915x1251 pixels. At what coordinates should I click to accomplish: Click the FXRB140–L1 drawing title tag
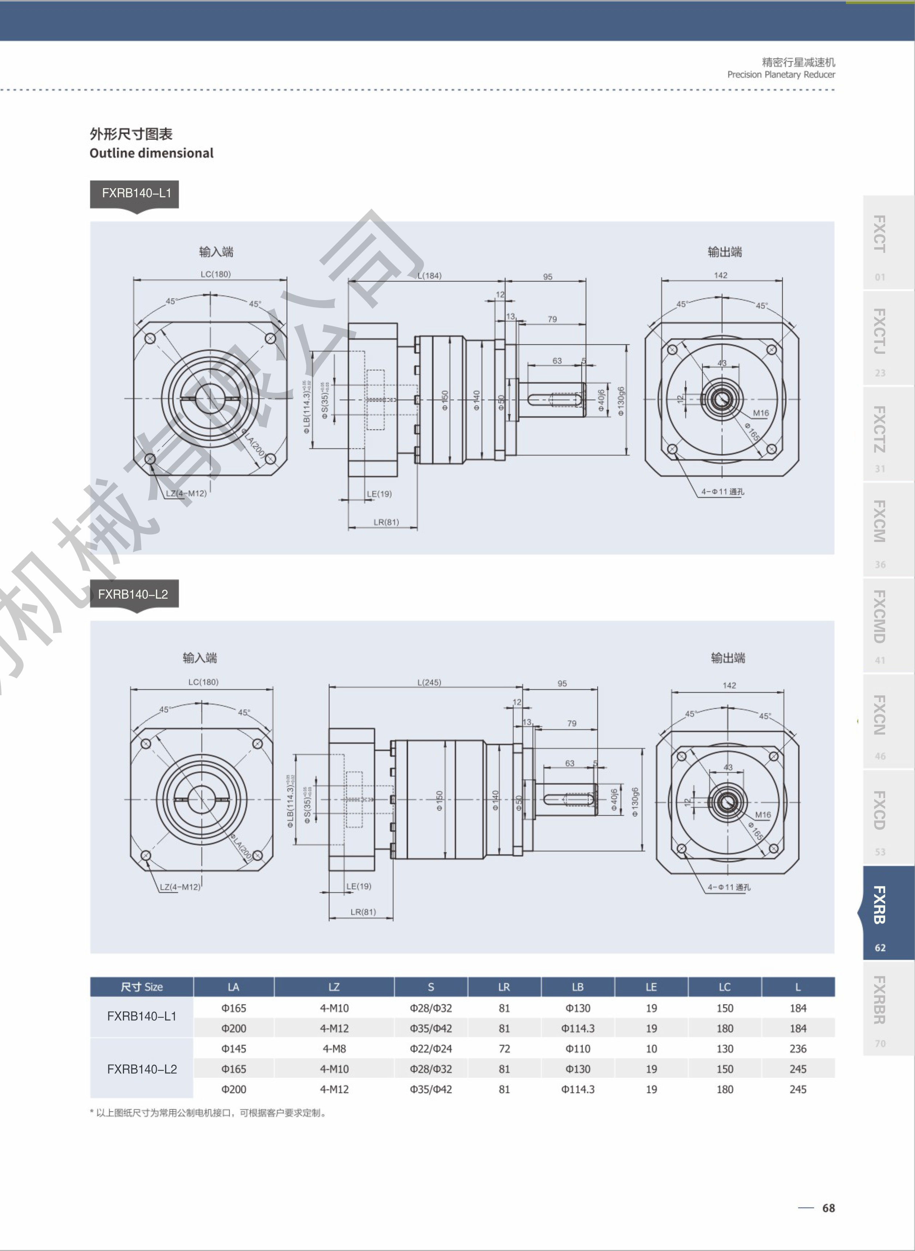point(136,193)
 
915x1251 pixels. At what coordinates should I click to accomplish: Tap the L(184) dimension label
point(429,276)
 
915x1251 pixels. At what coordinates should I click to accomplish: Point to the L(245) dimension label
point(429,682)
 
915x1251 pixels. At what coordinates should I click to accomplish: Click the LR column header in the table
point(504,987)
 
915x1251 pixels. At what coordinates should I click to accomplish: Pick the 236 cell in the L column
point(797,1049)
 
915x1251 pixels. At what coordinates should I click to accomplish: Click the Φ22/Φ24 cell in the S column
point(430,1049)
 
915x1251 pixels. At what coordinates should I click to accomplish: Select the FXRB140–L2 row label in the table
point(142,1069)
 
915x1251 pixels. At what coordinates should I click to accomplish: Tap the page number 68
point(828,1208)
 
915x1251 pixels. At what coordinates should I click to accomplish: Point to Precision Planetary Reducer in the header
point(781,75)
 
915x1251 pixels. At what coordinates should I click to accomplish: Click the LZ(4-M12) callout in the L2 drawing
point(180,887)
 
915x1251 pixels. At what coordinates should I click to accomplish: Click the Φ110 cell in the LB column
point(578,1049)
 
